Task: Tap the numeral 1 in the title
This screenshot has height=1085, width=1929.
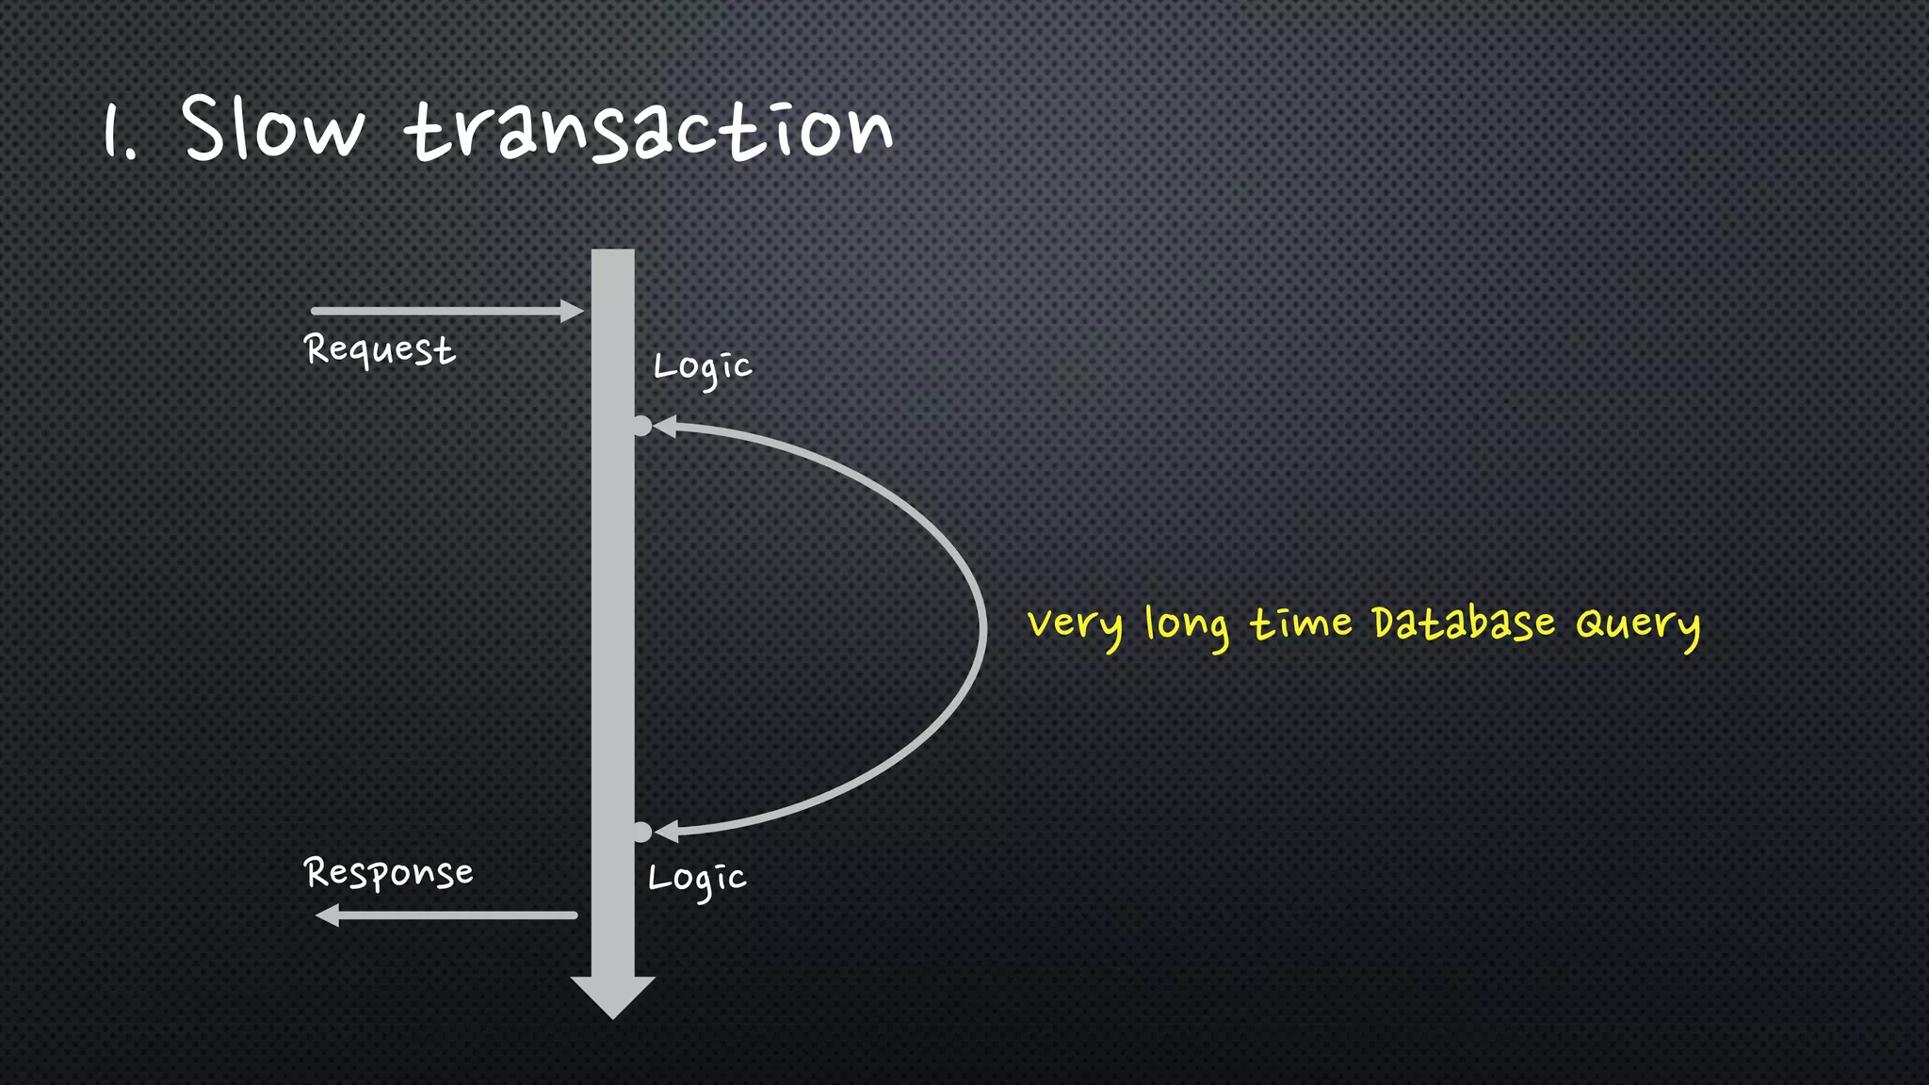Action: point(113,132)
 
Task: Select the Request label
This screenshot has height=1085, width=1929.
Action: point(380,350)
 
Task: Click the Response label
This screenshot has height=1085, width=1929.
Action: point(388,873)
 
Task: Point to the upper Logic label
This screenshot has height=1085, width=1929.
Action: point(703,367)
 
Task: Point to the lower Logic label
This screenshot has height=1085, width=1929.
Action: point(697,880)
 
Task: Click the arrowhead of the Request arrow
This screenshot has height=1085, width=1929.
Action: point(572,311)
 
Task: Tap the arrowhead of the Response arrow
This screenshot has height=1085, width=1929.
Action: point(328,915)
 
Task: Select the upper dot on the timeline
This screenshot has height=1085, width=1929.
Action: point(641,426)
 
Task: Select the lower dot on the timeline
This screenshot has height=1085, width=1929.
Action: point(641,832)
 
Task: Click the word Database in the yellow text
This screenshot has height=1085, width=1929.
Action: point(1463,623)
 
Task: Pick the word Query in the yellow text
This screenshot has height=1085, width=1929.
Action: point(1638,624)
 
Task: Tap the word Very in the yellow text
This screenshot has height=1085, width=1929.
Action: point(1075,625)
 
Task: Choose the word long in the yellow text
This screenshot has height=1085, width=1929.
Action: point(1187,625)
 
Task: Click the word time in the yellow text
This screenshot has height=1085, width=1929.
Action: point(1301,623)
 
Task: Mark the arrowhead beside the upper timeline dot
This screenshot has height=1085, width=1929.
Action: point(665,427)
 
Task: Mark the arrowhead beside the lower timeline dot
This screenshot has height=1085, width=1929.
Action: point(666,832)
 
